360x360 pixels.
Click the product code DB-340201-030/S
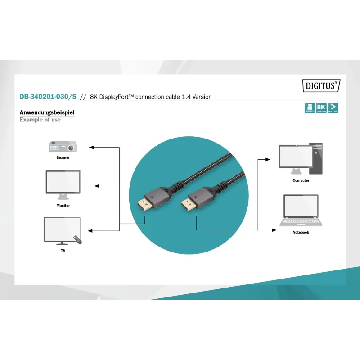tap(48, 97)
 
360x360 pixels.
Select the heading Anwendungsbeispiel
tap(47, 112)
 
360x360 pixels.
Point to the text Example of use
tap(40, 120)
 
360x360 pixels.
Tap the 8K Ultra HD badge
tap(321, 108)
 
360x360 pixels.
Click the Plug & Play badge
tap(333, 108)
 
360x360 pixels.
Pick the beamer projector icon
tap(63, 147)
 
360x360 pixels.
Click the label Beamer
tap(63, 158)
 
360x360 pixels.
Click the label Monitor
tap(63, 206)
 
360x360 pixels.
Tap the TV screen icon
tap(62, 229)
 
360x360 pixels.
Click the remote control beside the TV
tap(79, 240)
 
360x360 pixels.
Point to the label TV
tap(63, 250)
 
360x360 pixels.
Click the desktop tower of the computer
tap(318, 158)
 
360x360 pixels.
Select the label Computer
tap(301, 180)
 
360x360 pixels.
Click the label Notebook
tap(301, 232)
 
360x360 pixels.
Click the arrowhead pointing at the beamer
tap(91, 147)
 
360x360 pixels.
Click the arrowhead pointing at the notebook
tap(275, 230)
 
